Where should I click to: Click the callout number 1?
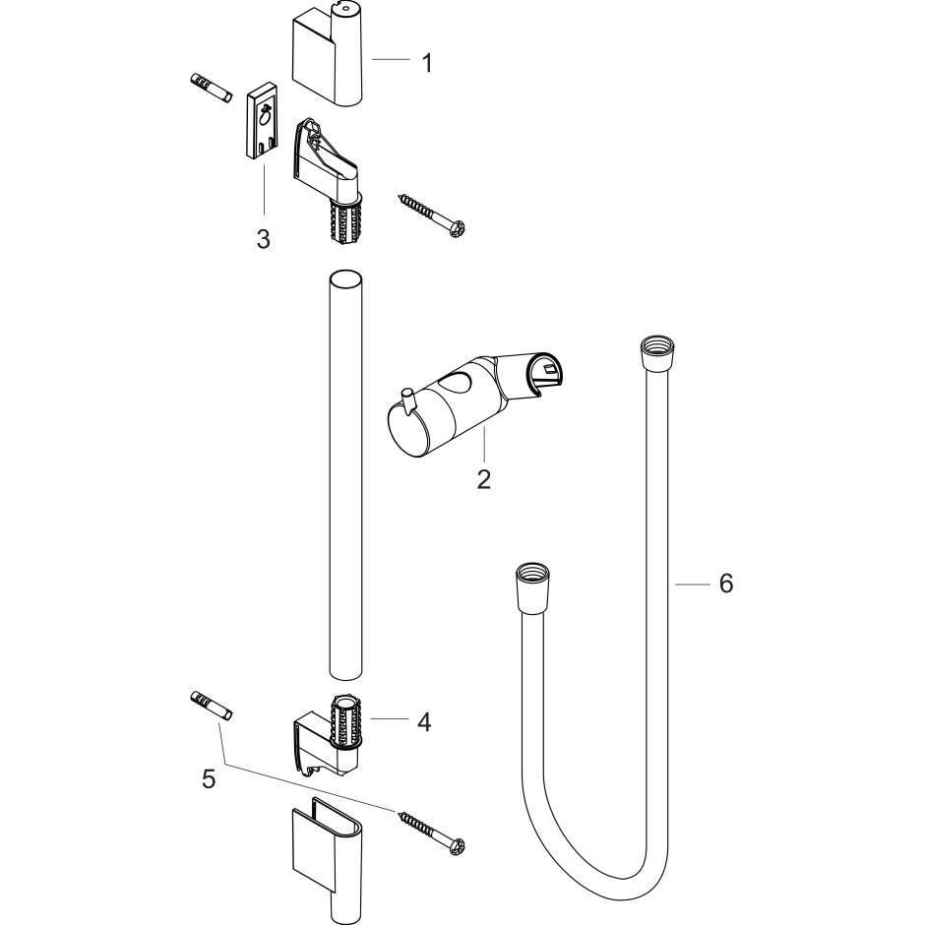426,62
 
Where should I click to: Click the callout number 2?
482,480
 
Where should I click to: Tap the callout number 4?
424,722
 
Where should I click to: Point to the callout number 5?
208,779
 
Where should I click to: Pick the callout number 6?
725,584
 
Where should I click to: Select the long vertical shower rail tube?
345,472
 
